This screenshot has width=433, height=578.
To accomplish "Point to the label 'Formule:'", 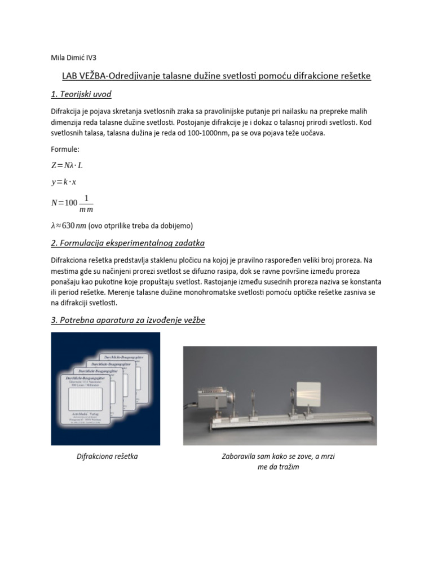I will (x=66, y=150).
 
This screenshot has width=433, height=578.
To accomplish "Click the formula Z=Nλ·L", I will (x=70, y=165).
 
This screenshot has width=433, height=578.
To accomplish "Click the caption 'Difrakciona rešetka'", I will (x=107, y=456).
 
